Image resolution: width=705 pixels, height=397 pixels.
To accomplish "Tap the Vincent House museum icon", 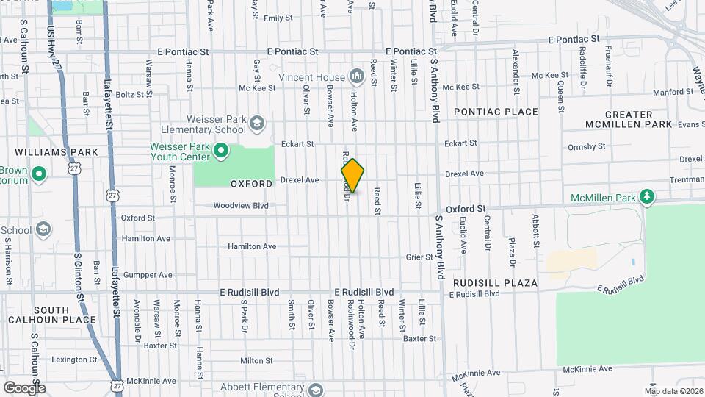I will [x=357, y=76].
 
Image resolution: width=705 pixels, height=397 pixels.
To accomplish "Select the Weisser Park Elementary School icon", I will [x=257, y=122].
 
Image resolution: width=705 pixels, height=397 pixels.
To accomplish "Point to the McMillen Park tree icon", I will [x=646, y=196].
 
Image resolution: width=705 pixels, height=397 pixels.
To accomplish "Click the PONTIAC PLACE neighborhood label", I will [x=496, y=112].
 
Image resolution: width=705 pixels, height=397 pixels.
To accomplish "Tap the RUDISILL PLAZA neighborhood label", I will [x=495, y=283].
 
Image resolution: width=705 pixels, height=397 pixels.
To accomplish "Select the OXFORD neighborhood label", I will [x=252, y=184].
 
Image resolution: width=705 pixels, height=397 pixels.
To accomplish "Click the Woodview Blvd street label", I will [x=241, y=206].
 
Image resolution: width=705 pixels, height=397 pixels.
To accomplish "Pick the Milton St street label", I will [x=256, y=361].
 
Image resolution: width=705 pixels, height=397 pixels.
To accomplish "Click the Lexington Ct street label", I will [x=73, y=360].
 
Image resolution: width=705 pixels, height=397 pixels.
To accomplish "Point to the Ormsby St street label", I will [x=587, y=146].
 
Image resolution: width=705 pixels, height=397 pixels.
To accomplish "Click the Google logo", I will [x=23, y=387].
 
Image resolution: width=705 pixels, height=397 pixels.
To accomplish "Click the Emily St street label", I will [x=273, y=18].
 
